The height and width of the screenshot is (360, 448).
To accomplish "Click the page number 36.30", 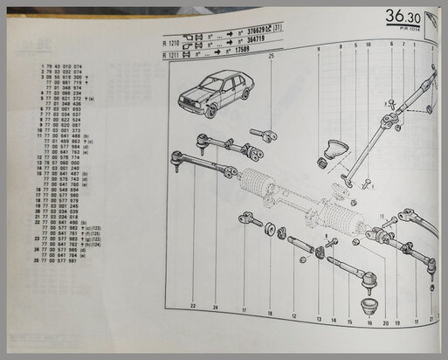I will coord(408,17).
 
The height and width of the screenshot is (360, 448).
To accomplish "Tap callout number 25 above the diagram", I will coord(272,56).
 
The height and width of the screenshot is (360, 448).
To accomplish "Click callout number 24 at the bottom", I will coord(215,306).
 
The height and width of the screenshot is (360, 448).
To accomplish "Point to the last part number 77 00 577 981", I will coord(54,260).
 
